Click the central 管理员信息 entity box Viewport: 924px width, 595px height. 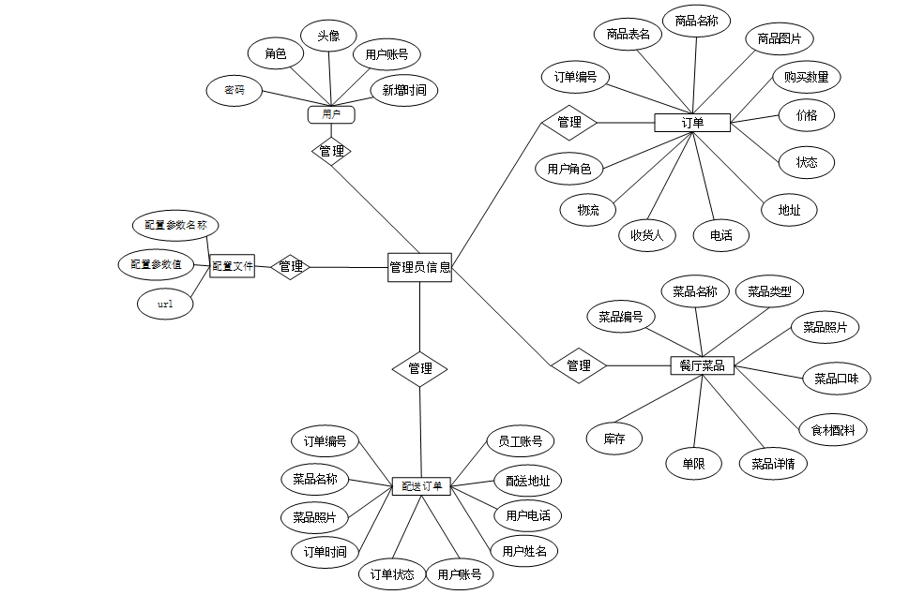coord(419,267)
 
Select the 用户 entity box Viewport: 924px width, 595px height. coord(330,114)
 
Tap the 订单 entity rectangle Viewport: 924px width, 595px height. coord(692,123)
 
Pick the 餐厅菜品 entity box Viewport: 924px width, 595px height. coord(703,365)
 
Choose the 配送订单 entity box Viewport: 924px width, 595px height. coord(421,486)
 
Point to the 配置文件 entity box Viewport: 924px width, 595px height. coord(233,267)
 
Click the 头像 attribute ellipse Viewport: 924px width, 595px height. coord(328,37)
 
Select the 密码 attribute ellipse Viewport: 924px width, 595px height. coord(235,91)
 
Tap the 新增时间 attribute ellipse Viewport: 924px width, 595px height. coord(404,91)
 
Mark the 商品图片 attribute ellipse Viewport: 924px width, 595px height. coord(780,38)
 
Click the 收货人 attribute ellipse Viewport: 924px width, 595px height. coord(646,235)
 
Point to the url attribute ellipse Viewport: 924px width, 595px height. coord(165,305)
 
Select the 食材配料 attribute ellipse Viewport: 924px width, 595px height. coord(833,430)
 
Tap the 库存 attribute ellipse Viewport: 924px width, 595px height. coord(614,438)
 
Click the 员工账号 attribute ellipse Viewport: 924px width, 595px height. coord(520,441)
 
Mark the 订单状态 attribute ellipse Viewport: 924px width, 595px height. coord(392,574)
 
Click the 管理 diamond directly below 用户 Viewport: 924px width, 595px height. coord(331,151)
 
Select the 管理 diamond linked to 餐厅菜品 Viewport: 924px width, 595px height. coord(579,365)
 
